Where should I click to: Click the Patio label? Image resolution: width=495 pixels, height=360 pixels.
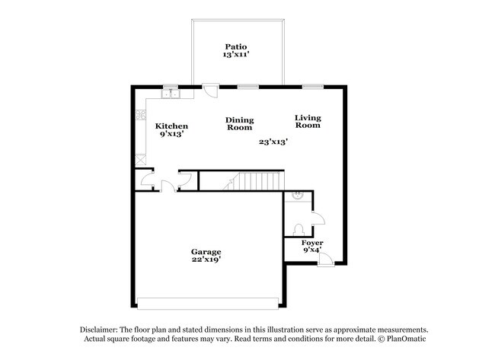pyautogui.click(x=237, y=46)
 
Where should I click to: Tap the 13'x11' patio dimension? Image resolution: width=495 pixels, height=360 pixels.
pyautogui.click(x=237, y=56)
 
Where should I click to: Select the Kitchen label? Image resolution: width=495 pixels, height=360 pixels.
pyautogui.click(x=171, y=126)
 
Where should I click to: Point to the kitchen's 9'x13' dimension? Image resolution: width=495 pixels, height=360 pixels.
pyautogui.click(x=171, y=134)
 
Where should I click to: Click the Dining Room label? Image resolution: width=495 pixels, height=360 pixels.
pyautogui.click(x=240, y=124)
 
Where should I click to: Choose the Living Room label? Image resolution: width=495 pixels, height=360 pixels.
pyautogui.click(x=308, y=121)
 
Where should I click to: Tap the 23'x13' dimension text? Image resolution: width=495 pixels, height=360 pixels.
pyautogui.click(x=273, y=142)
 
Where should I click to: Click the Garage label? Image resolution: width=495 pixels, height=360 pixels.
pyautogui.click(x=206, y=252)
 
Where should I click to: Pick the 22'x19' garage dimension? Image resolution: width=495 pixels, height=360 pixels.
pyautogui.click(x=206, y=260)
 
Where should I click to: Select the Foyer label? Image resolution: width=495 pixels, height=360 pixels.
pyautogui.click(x=312, y=243)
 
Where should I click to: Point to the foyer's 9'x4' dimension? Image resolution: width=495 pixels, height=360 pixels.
pyautogui.click(x=312, y=250)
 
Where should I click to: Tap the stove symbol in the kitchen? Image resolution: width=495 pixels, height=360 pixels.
pyautogui.click(x=140, y=116)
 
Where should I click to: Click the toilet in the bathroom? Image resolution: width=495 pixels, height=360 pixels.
pyautogui.click(x=299, y=228)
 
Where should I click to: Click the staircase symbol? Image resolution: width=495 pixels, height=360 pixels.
pyautogui.click(x=254, y=181)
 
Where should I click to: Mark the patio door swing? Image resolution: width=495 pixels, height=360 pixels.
pyautogui.click(x=209, y=91)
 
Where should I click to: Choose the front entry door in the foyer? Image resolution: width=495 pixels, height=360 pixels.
pyautogui.click(x=325, y=260)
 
